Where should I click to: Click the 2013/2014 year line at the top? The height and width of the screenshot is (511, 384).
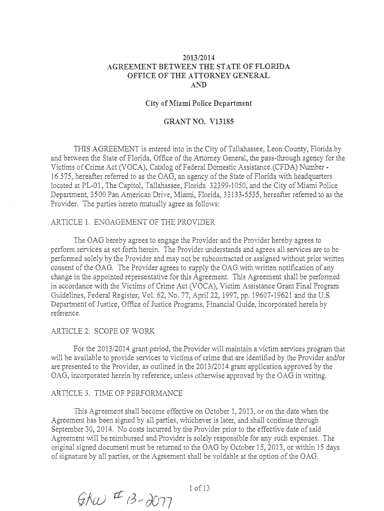point(198,58)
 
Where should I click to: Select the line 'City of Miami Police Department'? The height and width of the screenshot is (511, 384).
point(198,103)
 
